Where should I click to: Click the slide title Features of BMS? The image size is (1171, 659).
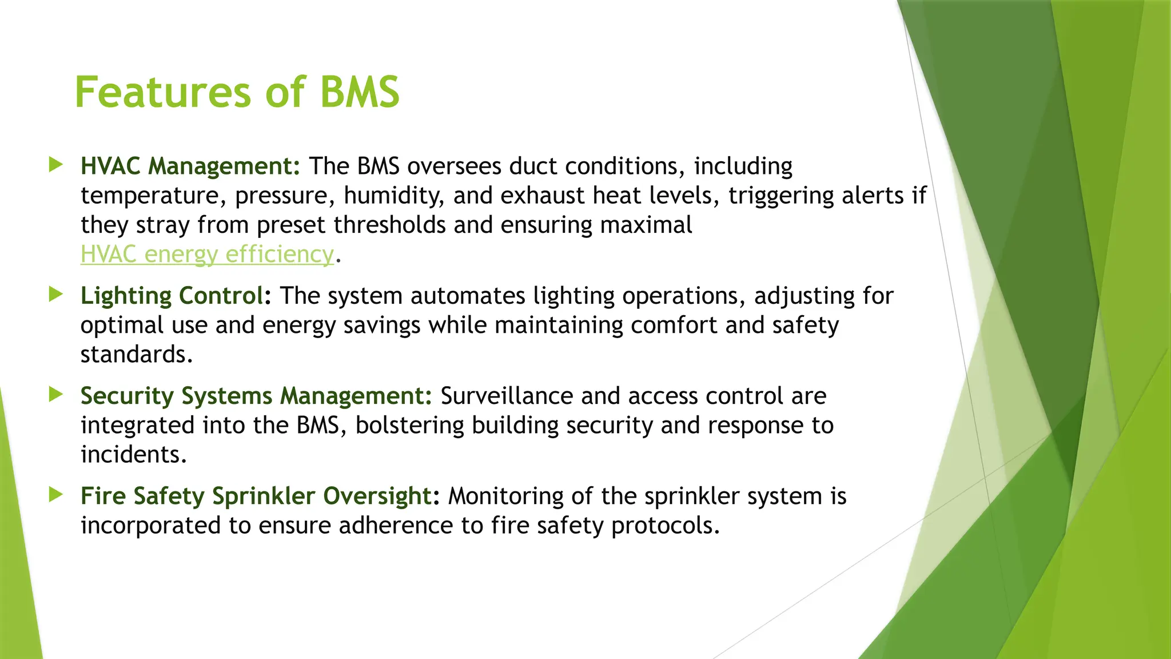coord(237,92)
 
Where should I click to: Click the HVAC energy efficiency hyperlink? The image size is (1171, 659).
coord(206,254)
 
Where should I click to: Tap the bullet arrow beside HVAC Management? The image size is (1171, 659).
coord(55,165)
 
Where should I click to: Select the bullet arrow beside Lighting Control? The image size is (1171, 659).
coord(55,295)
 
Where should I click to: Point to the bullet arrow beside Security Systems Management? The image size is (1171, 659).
coord(55,394)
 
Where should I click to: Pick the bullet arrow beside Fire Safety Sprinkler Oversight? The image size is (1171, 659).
coord(55,495)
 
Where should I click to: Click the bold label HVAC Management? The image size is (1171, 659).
coord(190,166)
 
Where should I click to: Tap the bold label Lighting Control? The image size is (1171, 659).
coord(172,296)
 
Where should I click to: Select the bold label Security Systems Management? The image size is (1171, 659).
coord(256,396)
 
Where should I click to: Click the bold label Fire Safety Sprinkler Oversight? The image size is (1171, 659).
coord(256,496)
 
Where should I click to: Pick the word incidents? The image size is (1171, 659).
coord(133,455)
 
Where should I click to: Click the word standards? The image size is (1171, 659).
coord(136,355)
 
